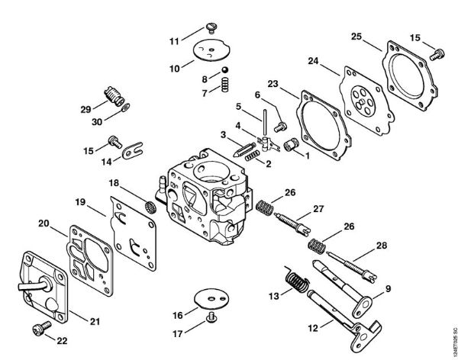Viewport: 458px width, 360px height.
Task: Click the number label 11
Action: [x=174, y=40]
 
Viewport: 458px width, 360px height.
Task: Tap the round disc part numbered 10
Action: [x=204, y=50]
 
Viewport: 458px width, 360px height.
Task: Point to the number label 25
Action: [x=356, y=36]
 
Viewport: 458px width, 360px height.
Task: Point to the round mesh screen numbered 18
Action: [x=151, y=205]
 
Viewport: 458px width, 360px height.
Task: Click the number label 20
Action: [x=43, y=223]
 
